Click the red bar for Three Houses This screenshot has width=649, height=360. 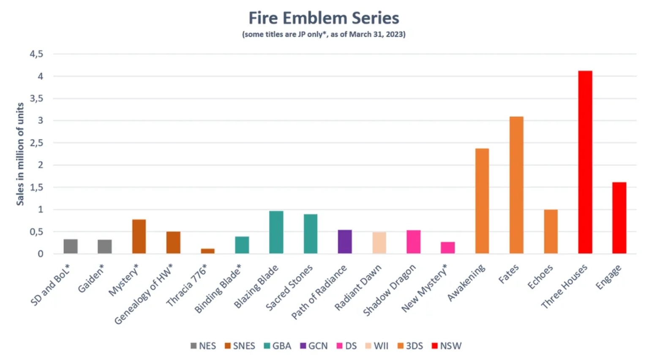585,162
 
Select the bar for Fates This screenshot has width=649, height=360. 516,185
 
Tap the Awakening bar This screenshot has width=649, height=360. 482,201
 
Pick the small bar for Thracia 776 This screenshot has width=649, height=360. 208,251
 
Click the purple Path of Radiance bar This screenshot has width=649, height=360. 345,242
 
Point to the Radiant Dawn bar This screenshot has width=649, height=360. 379,243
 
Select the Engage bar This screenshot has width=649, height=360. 619,218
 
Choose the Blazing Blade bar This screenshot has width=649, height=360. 276,232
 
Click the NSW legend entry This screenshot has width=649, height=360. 447,346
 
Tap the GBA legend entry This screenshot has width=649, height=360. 278,346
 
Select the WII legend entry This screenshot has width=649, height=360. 376,346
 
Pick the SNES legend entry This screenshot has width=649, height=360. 240,346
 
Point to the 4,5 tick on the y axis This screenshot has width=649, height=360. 36,54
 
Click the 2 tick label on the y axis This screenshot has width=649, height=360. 40,165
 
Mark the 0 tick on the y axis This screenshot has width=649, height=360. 40,254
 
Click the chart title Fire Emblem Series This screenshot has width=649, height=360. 324,18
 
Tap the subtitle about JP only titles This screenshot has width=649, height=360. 324,35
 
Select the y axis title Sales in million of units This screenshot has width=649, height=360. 20,154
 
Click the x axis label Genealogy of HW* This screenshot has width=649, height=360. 144,294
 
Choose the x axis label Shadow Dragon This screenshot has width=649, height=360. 390,290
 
